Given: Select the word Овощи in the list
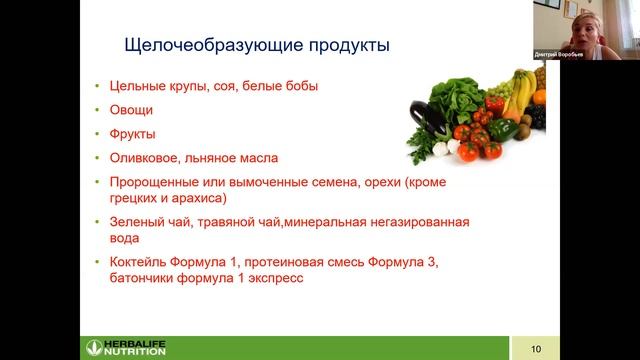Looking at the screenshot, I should pyautogui.click(x=131, y=110).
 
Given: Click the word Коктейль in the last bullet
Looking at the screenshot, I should pyautogui.click(x=141, y=262).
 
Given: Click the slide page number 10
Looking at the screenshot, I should pyautogui.click(x=535, y=348).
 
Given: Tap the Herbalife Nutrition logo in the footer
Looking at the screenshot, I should pyautogui.click(x=126, y=348).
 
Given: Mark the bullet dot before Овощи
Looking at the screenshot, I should pyautogui.click(x=97, y=111).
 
